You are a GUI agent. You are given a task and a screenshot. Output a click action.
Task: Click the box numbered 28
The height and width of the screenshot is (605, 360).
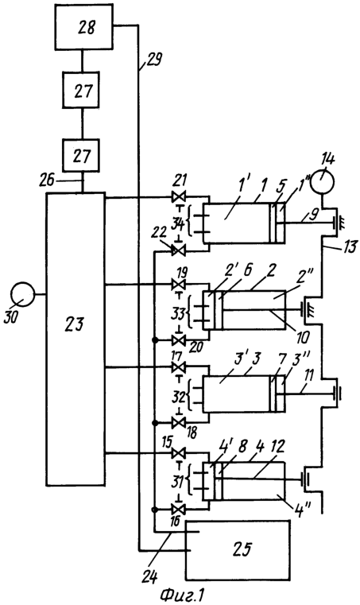[84, 26]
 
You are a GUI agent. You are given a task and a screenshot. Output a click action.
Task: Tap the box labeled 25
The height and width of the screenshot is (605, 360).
[238, 550]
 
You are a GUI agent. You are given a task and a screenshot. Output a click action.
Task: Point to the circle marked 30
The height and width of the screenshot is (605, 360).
[23, 295]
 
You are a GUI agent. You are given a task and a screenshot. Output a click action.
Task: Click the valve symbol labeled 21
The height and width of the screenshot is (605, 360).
[178, 198]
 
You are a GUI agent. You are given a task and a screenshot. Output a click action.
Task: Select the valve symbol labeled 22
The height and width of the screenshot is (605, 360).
[178, 251]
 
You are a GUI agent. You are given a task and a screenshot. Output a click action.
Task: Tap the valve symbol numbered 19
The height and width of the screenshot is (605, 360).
[178, 285]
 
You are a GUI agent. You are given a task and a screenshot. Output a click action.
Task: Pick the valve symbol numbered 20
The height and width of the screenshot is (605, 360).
[178, 341]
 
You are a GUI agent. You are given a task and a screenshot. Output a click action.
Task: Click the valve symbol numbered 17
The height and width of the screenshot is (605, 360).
[178, 367]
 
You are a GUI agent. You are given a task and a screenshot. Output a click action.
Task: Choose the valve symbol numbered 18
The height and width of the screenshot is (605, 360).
[178, 422]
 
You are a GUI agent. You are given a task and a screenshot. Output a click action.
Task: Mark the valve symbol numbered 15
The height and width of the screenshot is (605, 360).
[178, 452]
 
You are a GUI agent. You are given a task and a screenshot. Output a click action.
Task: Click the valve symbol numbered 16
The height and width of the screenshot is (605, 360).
[178, 509]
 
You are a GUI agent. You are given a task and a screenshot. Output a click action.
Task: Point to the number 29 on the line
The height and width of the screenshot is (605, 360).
[154, 60]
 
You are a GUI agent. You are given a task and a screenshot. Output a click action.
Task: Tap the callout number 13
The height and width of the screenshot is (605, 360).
[350, 246]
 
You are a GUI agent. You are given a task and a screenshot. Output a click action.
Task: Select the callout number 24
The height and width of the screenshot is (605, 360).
[149, 576]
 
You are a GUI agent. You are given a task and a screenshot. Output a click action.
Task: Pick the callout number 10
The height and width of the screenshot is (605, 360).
[302, 337]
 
